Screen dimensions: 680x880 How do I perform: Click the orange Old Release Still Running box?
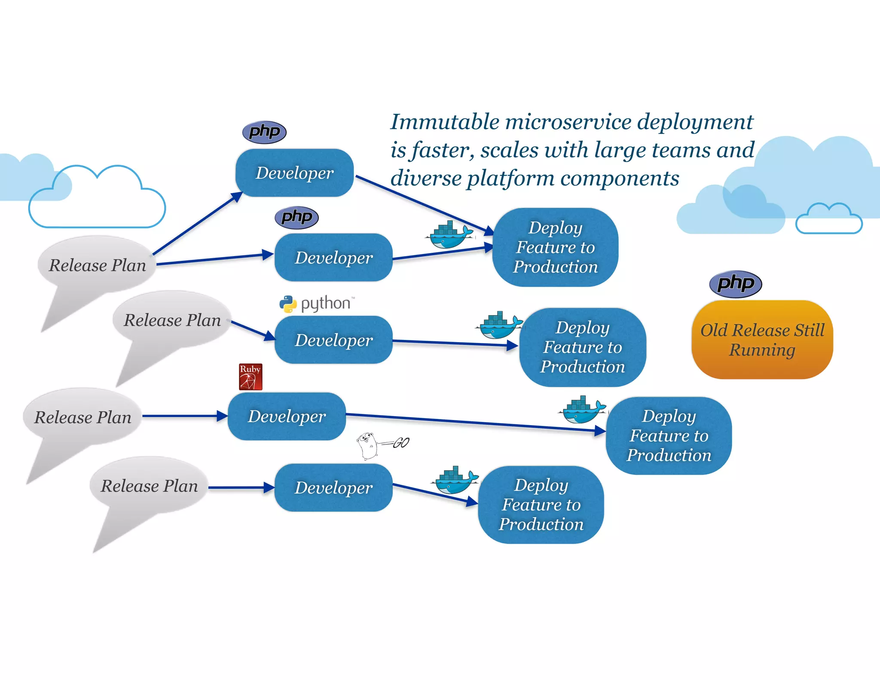pyautogui.click(x=762, y=340)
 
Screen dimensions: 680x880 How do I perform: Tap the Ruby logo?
pyautogui.click(x=251, y=377)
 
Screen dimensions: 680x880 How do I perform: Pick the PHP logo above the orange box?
pyautogui.click(x=735, y=284)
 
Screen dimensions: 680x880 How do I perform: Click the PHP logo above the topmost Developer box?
pyautogui.click(x=264, y=132)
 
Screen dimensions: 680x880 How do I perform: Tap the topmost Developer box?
pyautogui.click(x=294, y=173)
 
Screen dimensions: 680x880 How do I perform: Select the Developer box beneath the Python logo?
pyautogui.click(x=333, y=340)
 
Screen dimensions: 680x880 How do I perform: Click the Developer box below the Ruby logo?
pyautogui.click(x=287, y=416)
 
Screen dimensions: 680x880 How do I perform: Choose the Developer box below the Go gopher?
pyautogui.click(x=333, y=487)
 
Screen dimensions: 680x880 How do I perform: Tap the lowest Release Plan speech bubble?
pyautogui.click(x=149, y=486)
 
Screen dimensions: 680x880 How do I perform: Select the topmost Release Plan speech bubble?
pyautogui.click(x=97, y=265)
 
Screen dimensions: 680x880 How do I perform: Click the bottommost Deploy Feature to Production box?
pyautogui.click(x=541, y=505)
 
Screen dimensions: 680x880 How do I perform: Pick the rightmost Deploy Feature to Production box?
pyautogui.click(x=668, y=435)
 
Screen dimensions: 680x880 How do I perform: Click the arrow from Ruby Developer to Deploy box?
pyautogui.click(x=473, y=422)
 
